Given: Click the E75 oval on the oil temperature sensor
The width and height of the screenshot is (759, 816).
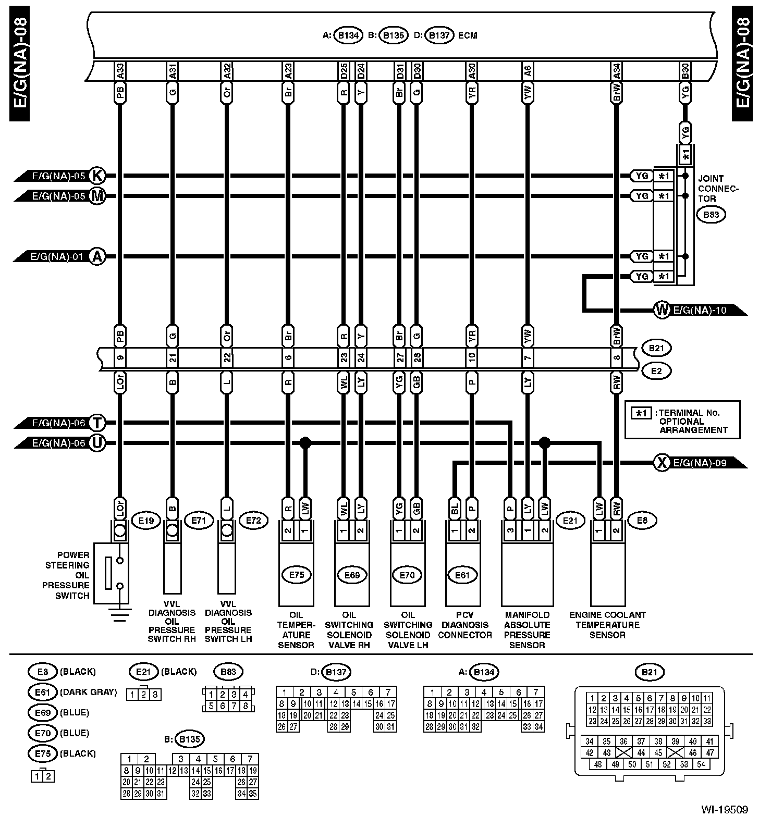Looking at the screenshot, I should [x=296, y=575].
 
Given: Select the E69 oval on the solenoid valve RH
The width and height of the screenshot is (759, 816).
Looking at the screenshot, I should [x=352, y=575].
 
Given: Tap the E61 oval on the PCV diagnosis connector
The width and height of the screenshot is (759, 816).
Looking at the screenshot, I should [x=462, y=575].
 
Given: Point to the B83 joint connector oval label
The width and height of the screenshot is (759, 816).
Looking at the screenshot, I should [x=711, y=214].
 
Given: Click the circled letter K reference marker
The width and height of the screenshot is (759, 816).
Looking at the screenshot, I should [x=96, y=176].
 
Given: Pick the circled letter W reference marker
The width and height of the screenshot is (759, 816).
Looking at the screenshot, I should [x=662, y=311].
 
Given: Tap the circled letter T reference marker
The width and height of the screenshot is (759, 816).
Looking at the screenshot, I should [x=96, y=423].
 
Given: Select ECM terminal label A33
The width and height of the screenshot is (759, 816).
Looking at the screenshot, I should [x=120, y=71].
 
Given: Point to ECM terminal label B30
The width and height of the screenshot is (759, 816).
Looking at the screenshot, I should [x=685, y=71].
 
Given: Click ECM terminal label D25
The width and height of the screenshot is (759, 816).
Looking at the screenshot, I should [x=344, y=71].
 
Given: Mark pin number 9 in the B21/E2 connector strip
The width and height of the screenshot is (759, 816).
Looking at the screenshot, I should [x=120, y=358].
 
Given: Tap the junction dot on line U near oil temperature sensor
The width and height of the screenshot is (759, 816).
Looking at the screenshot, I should [x=305, y=443].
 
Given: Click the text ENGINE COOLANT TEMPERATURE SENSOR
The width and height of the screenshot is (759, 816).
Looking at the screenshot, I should [x=607, y=625].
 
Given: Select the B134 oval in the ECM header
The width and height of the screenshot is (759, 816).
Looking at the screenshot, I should [x=348, y=36].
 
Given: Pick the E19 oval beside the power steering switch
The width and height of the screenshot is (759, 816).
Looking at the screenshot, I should [x=145, y=520].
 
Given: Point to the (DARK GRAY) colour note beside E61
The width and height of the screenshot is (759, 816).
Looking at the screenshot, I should [x=88, y=692].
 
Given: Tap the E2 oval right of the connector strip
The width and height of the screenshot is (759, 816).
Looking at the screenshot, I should [x=656, y=370].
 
